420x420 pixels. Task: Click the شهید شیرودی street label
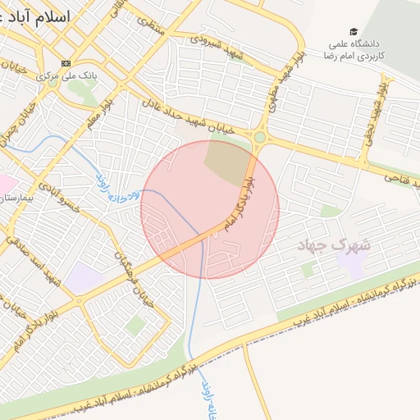(217, 42)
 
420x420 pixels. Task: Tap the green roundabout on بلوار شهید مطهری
(261, 137)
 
